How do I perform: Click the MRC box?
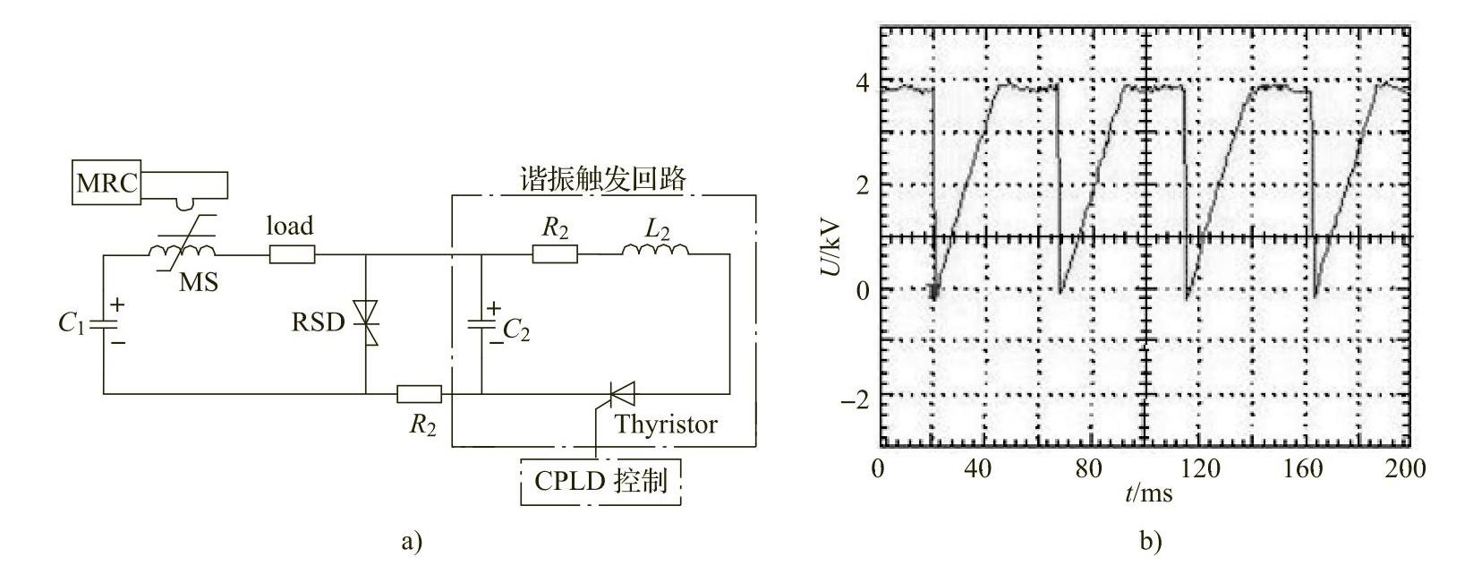point(106,184)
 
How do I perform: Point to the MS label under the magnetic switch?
point(198,283)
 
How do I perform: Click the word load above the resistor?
point(290,227)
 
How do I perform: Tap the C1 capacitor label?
point(71,323)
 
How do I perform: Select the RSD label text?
point(318,322)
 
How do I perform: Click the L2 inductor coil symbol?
point(656,253)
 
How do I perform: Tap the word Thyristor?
point(665,424)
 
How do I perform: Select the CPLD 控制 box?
point(600,481)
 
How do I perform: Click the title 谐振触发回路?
point(603,180)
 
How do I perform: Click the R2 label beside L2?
point(555,228)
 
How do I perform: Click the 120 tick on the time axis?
point(1195,468)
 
